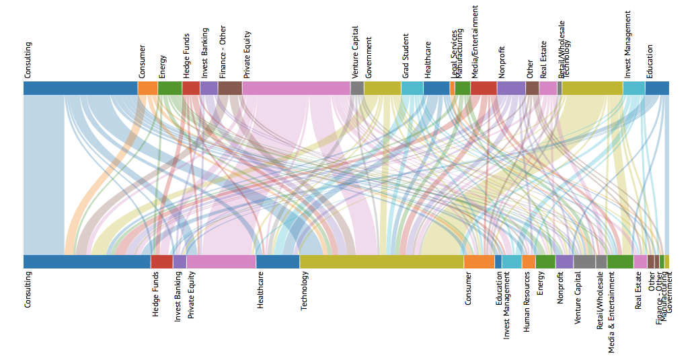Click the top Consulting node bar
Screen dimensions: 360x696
tap(80, 88)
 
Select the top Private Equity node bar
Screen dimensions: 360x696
tap(296, 88)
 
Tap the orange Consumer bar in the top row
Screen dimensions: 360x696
tap(147, 88)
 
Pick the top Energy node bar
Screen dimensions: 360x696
tap(169, 88)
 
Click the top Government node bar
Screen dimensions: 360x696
tap(382, 88)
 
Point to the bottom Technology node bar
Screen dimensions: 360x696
tap(381, 262)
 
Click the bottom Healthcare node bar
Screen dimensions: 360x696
tap(277, 262)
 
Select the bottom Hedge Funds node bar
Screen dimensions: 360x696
tap(161, 262)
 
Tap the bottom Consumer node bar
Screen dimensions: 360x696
tap(479, 262)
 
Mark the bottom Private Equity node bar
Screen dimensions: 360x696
tap(221, 262)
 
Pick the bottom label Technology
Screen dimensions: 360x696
tap(305, 290)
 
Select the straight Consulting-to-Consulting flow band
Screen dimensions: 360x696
tap(44, 175)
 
